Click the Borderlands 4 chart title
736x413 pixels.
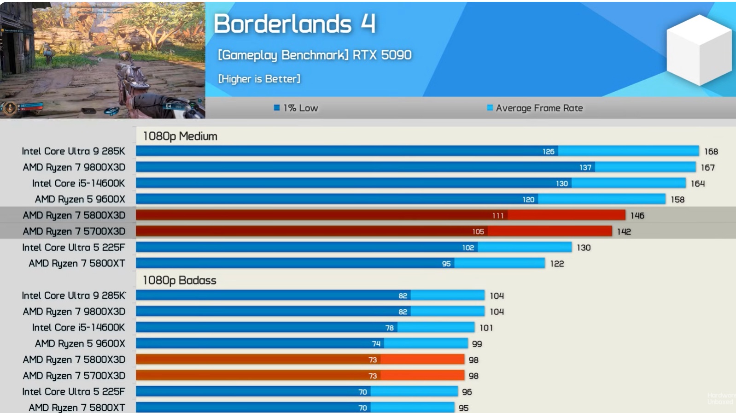click(x=295, y=24)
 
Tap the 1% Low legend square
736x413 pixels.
click(x=277, y=108)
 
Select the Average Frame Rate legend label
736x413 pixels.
click(x=539, y=108)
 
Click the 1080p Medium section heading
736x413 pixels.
click(x=180, y=136)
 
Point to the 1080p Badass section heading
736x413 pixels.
click(x=180, y=280)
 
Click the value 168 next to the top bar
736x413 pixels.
click(x=711, y=151)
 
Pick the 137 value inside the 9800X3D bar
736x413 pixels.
click(x=585, y=167)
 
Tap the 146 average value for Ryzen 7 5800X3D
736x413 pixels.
click(x=637, y=215)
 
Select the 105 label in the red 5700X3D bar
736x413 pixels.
click(x=478, y=231)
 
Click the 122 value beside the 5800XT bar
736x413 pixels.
click(x=557, y=264)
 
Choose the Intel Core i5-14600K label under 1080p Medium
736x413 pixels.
click(x=78, y=183)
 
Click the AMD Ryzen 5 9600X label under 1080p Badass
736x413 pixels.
click(x=80, y=343)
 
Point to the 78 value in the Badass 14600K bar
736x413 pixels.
click(x=389, y=328)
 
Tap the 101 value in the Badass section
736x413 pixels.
click(x=486, y=328)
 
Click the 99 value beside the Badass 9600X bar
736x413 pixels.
click(x=477, y=344)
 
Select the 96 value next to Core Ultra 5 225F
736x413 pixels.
click(x=467, y=392)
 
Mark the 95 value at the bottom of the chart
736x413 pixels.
click(x=463, y=408)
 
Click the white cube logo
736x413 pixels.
click(x=699, y=50)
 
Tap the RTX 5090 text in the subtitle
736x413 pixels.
click(x=382, y=55)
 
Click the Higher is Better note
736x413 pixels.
click(x=259, y=79)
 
